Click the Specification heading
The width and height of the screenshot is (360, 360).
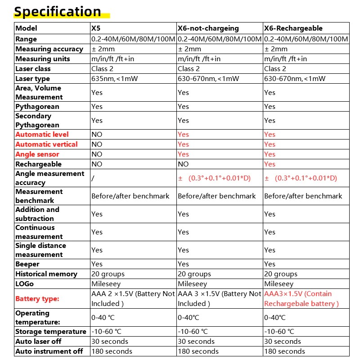click(x=58, y=11)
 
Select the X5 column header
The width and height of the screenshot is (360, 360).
click(x=96, y=28)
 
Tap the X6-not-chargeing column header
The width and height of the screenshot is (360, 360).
click(x=208, y=28)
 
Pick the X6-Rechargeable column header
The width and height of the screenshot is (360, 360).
click(x=293, y=28)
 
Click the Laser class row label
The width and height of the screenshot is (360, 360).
click(x=33, y=69)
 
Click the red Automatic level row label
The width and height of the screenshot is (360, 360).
click(x=42, y=135)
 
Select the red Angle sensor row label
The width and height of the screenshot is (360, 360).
click(x=37, y=154)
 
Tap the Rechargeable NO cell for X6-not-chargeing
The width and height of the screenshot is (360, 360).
click(x=183, y=164)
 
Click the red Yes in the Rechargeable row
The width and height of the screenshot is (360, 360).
click(x=270, y=164)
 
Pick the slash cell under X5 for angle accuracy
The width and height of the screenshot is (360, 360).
click(x=93, y=178)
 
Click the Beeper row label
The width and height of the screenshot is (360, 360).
click(x=27, y=264)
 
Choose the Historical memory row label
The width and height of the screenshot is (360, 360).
click(x=46, y=274)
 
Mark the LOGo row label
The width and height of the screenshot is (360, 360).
click(x=25, y=284)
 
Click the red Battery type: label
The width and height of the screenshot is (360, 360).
click(x=37, y=299)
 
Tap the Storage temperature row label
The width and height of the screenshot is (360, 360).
click(x=51, y=332)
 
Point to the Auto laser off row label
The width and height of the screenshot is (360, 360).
click(x=38, y=342)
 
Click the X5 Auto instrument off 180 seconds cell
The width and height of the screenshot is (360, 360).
click(x=112, y=351)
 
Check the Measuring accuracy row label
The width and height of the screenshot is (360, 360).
click(x=49, y=49)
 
